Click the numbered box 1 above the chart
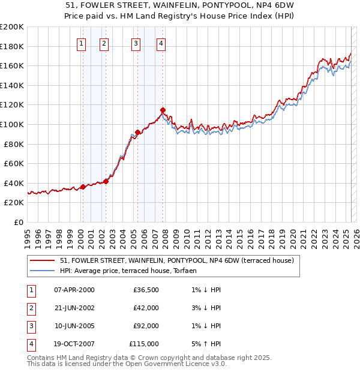(x=81, y=43)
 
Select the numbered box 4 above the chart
(x=161, y=43)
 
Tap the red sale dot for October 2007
(x=163, y=110)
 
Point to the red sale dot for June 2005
(x=137, y=132)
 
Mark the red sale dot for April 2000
(x=83, y=187)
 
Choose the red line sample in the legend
(x=41, y=261)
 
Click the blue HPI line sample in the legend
(x=41, y=271)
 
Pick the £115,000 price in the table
(x=144, y=344)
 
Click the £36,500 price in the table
(x=146, y=290)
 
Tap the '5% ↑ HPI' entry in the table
(x=203, y=344)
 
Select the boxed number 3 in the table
(x=29, y=326)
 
